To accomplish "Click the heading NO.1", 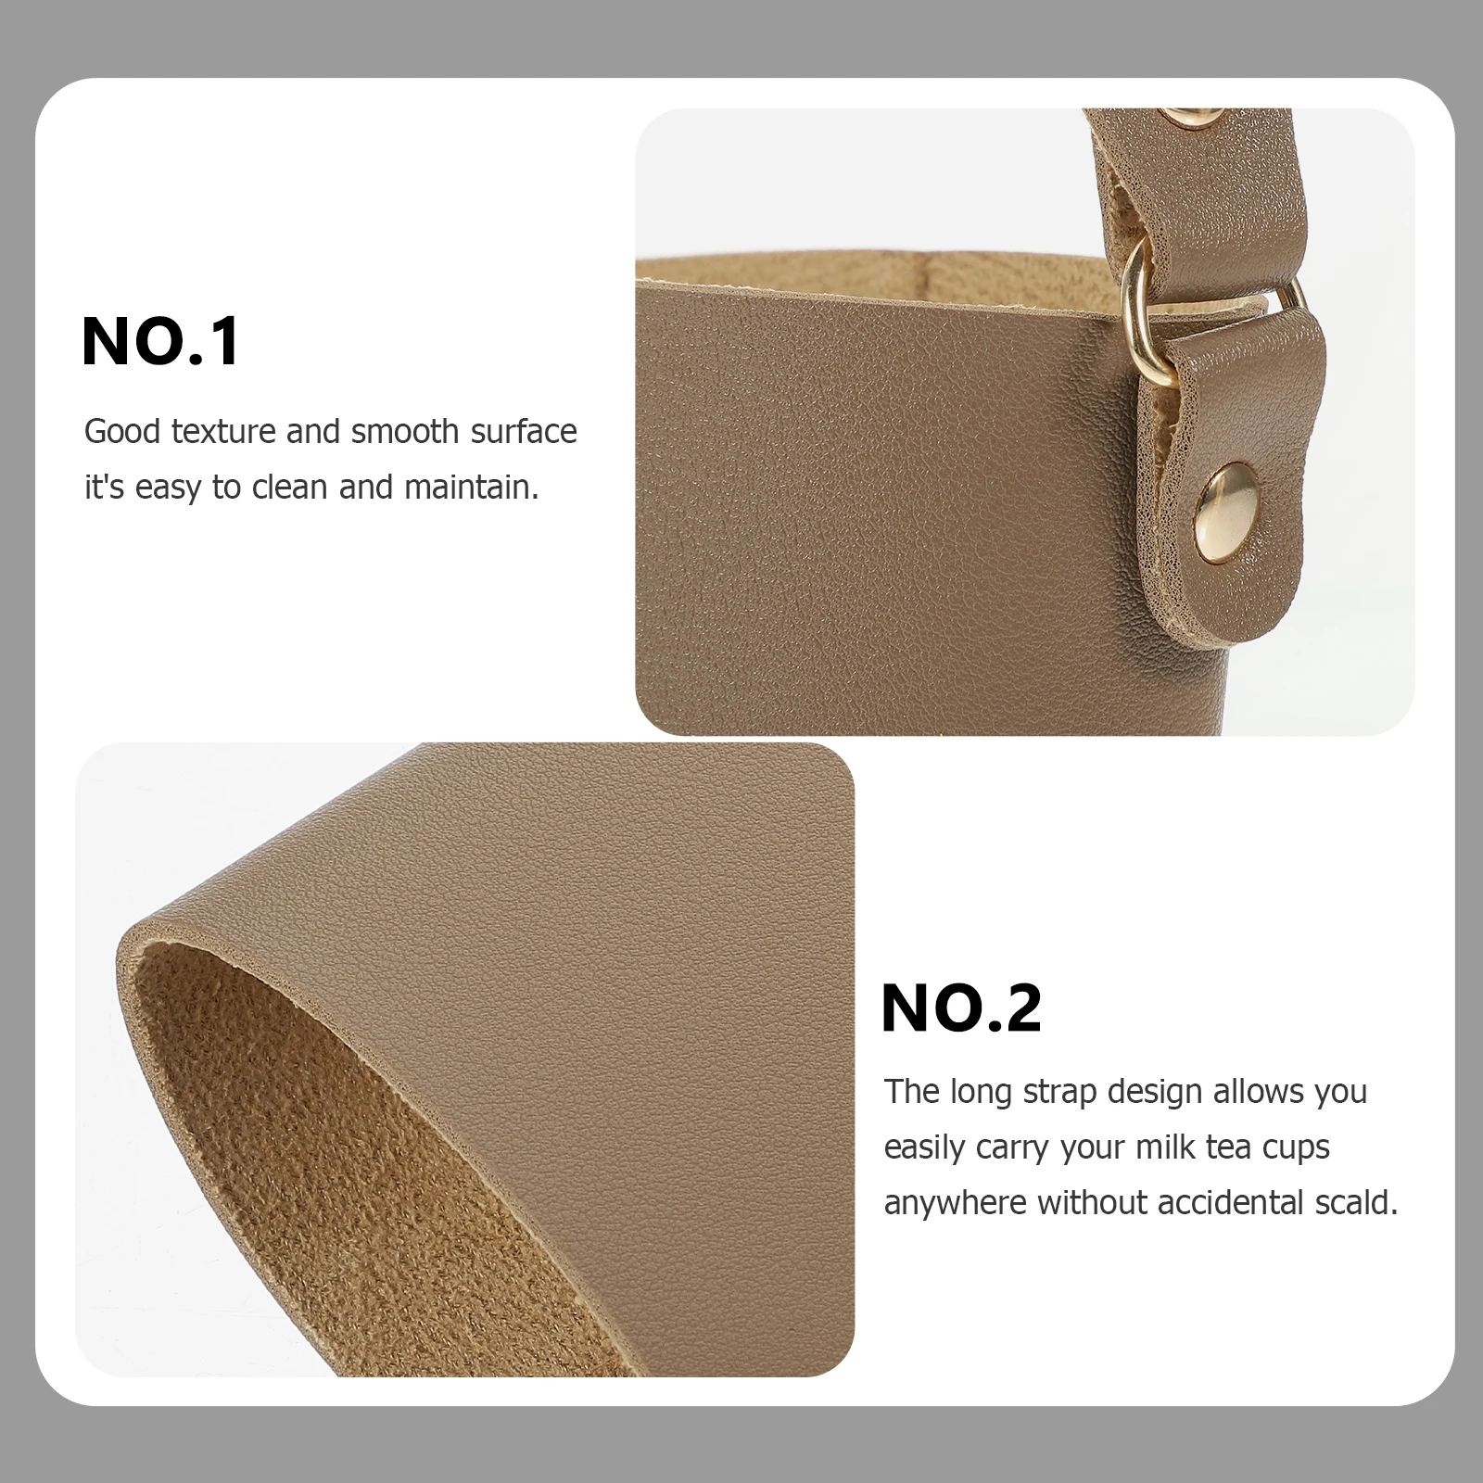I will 161,341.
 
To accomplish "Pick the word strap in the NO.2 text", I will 1060,1093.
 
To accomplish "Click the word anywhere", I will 956,1203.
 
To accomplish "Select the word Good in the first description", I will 122,432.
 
